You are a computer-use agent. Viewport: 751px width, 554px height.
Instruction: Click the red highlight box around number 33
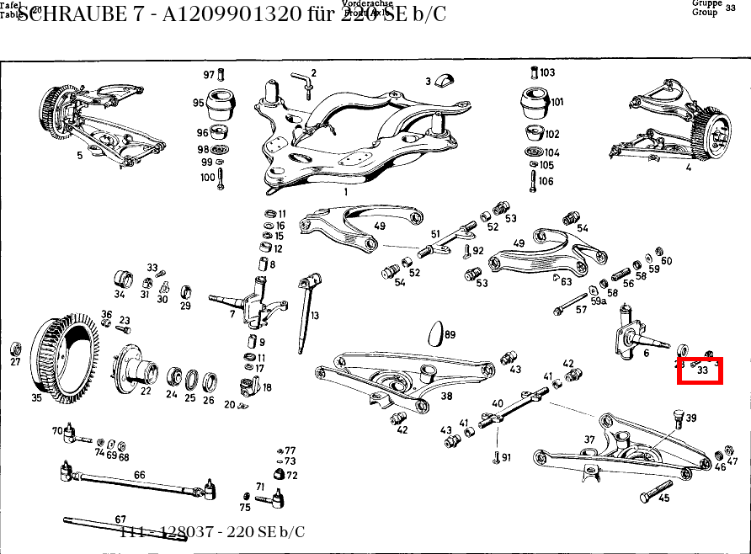click(700, 370)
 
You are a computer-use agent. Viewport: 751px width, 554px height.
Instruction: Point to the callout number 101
click(557, 102)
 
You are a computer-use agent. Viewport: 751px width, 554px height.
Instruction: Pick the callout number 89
click(450, 335)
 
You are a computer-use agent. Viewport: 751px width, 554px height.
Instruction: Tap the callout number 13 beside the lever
click(315, 316)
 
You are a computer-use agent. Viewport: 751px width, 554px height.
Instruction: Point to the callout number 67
click(120, 519)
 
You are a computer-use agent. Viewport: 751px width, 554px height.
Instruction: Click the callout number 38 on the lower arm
click(446, 396)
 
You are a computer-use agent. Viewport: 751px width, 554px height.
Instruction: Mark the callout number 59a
click(599, 301)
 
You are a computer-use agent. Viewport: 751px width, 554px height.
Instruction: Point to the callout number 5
click(80, 155)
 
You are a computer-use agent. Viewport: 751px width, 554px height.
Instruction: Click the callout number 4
click(688, 168)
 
